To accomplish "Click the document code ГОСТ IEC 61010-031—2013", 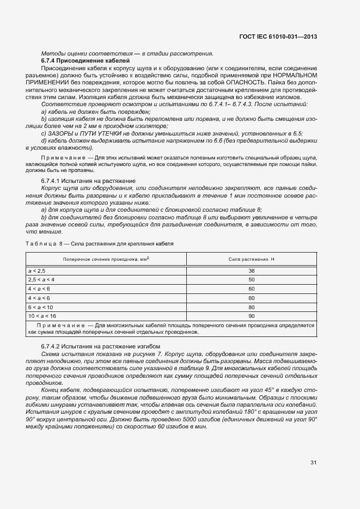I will pyautogui.click(x=278, y=37).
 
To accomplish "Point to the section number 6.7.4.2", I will pyautogui.click(x=52, y=346).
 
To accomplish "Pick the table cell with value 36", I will pyautogui.click(x=251, y=271).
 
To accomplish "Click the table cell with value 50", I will pyautogui.click(x=251, y=279).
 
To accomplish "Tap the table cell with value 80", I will pyautogui.click(x=251, y=307).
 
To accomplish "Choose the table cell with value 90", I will pyautogui.click(x=251, y=316).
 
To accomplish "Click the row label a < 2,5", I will pyautogui.click(x=38, y=271).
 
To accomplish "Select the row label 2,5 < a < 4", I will pyautogui.click(x=41, y=279).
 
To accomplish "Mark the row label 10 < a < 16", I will pyautogui.click(x=42, y=316).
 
